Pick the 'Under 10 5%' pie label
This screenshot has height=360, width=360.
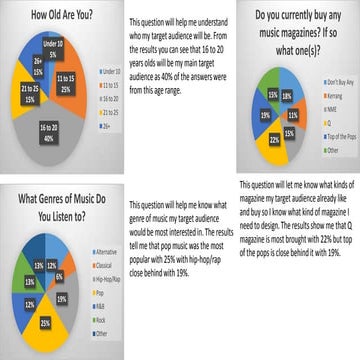coord(49,50)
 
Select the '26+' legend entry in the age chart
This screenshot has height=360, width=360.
coord(100,113)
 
